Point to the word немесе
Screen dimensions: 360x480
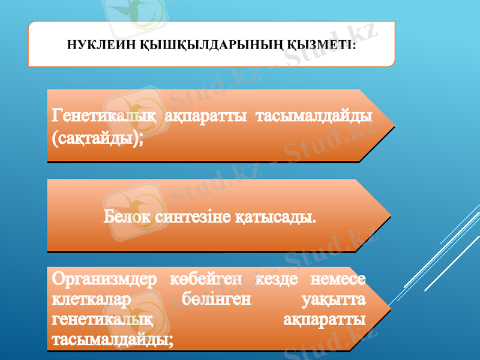coord(336,280)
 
